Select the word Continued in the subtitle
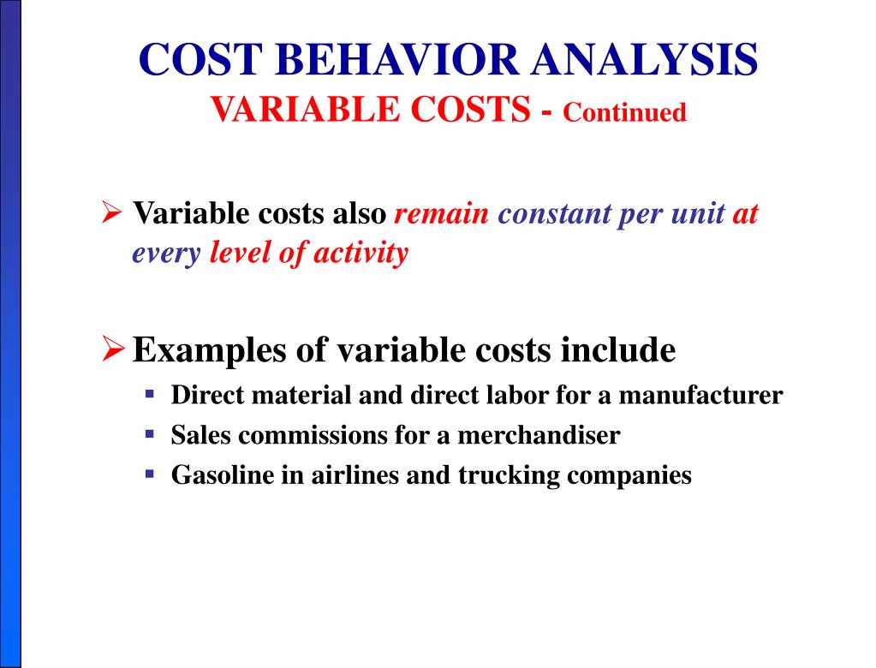pos(625,112)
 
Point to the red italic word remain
pos(441,213)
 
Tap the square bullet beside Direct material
pos(150,394)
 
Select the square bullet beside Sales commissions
pos(150,433)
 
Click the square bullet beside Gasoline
pos(150,473)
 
